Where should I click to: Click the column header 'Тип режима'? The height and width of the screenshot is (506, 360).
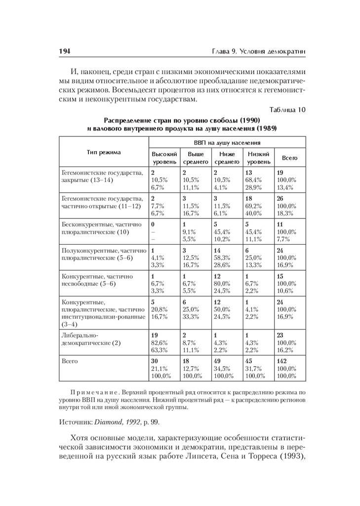(x=104, y=152)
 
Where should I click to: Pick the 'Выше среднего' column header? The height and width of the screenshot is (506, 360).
(x=196, y=158)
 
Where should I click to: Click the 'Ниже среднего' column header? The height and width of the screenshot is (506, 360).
(x=227, y=158)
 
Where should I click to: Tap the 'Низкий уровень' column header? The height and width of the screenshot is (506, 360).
(x=259, y=158)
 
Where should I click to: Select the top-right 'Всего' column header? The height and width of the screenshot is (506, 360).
(x=289, y=158)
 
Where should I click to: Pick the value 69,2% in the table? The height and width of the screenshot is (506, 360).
(x=254, y=205)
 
